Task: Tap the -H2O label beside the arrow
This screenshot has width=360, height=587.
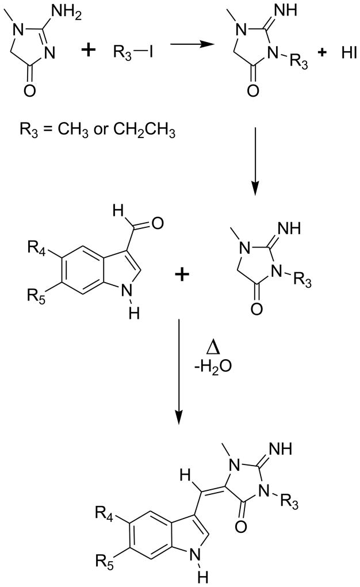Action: pos(215,369)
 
